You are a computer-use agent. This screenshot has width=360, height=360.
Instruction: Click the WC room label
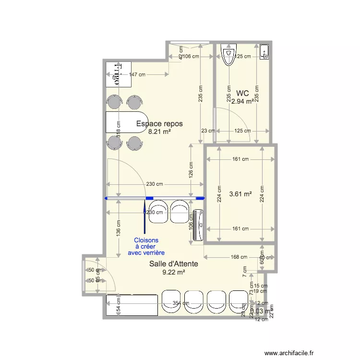point(242,93)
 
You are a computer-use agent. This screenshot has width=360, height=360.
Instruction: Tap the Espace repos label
point(159,124)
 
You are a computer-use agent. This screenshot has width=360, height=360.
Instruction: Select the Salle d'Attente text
point(174,264)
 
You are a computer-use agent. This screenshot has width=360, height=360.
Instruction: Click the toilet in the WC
point(229,54)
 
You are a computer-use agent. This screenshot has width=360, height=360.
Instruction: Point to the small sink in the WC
point(264,52)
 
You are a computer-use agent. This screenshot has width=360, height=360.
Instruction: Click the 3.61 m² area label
point(241,194)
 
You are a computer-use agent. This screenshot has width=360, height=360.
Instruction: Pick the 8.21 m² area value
point(159,132)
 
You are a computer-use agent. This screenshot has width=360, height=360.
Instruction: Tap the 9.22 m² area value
point(174,272)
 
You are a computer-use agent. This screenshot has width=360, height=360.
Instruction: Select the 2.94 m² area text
point(242,101)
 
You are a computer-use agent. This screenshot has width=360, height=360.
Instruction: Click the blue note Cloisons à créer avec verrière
point(146,246)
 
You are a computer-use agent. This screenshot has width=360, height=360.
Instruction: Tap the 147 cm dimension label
point(137,74)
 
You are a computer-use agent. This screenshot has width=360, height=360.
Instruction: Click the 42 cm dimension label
point(181,52)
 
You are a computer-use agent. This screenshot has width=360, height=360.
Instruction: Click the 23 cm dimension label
point(208,131)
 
